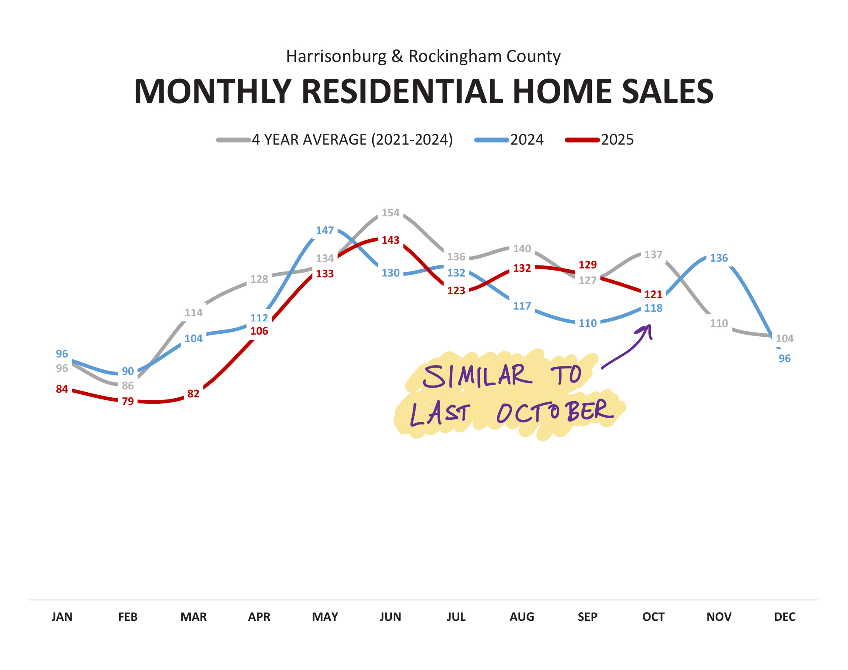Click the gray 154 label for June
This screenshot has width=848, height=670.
coord(391,212)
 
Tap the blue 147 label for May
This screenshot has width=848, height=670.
coord(325,230)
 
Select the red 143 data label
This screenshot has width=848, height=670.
coord(391,240)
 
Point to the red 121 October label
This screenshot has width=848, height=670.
coord(653,294)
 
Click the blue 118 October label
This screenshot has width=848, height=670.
coord(653,308)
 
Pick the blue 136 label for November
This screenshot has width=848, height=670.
coord(719,258)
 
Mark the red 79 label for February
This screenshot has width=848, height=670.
coord(128,401)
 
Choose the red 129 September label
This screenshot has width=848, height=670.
coord(588,265)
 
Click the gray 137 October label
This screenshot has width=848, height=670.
coord(653,254)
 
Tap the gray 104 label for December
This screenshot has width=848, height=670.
coord(784,338)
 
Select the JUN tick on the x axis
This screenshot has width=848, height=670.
coord(391,617)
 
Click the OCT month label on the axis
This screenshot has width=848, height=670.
coord(653,617)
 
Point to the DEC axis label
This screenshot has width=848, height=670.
coord(784,617)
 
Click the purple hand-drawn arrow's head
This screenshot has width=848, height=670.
coord(647,329)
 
